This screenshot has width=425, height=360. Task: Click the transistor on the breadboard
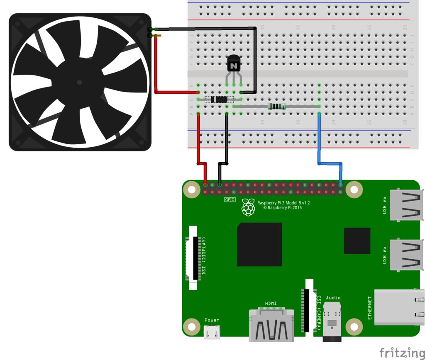click(x=234, y=65)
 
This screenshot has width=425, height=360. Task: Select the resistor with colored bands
click(x=276, y=107)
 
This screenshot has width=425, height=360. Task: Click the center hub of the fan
click(x=79, y=82)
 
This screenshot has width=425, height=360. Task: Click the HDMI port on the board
click(x=271, y=326)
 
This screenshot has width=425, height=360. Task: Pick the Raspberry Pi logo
click(x=248, y=207)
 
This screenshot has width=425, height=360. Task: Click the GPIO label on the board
click(x=230, y=199)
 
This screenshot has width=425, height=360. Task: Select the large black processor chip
click(x=259, y=244)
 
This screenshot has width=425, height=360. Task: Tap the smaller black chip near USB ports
click(x=357, y=241)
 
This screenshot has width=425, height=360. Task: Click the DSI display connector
click(x=193, y=258)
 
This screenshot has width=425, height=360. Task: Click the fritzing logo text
click(x=401, y=353)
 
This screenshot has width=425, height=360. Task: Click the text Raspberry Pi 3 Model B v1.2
click(x=283, y=203)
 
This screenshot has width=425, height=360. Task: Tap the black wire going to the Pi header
click(x=227, y=141)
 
